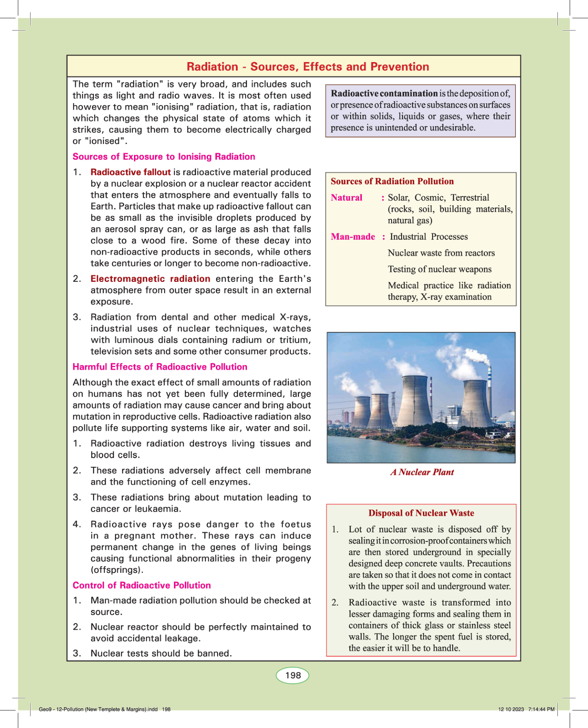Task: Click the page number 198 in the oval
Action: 293,675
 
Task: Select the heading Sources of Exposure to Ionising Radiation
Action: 164,156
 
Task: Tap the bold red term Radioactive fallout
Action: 131,172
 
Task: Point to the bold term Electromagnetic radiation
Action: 150,279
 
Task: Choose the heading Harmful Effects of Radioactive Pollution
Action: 160,367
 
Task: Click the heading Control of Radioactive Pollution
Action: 142,585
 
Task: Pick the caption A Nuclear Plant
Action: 422,472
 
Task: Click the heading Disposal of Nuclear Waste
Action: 421,513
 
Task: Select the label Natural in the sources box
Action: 346,198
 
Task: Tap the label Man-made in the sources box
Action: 353,237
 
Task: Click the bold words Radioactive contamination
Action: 384,94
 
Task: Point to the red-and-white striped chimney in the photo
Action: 490,379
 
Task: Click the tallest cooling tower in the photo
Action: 414,401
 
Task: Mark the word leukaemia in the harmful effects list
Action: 157,509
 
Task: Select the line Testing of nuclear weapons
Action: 439,269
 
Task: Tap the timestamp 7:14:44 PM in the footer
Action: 541,709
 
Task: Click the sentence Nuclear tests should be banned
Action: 161,653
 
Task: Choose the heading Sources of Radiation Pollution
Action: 392,181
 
